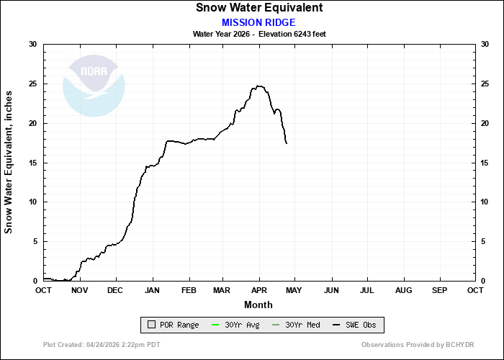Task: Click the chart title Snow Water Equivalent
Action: (258, 8)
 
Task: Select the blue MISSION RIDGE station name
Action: (258, 22)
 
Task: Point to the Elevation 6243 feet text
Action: (295, 34)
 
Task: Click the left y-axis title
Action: (9, 162)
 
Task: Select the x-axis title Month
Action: (258, 305)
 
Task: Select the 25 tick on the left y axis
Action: (32, 84)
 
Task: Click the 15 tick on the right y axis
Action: (485, 163)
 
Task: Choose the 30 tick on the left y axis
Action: (32, 45)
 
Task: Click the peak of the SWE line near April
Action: (259, 86)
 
